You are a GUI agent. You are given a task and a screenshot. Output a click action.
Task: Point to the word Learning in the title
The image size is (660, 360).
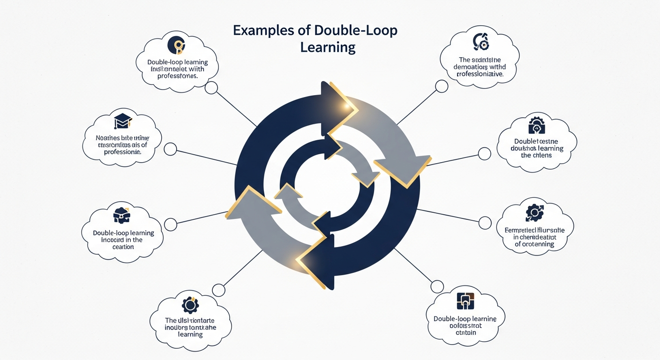328,47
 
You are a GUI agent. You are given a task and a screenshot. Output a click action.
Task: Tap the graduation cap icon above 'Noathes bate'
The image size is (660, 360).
122,121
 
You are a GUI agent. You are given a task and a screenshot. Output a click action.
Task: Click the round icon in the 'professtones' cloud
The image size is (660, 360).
177,45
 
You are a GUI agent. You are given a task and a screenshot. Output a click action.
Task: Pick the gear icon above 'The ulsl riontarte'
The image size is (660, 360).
190,305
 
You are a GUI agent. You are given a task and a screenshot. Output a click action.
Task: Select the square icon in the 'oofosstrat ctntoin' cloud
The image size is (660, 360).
465,301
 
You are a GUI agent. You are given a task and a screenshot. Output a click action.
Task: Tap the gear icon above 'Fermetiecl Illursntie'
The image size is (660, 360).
533,212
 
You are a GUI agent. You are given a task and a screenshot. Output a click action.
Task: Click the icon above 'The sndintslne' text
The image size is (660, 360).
480,42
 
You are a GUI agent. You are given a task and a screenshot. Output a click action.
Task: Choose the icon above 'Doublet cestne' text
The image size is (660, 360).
536,126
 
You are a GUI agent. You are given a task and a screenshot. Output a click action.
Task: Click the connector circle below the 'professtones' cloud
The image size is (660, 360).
211,88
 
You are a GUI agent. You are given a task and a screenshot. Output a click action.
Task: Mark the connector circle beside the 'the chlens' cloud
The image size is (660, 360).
484,153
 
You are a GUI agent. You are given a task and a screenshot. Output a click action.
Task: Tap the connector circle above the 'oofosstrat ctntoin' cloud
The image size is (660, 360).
437,286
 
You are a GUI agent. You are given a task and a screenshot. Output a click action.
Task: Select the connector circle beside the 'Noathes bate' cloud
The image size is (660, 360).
170,150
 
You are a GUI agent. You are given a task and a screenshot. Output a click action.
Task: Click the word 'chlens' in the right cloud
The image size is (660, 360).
541,156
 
